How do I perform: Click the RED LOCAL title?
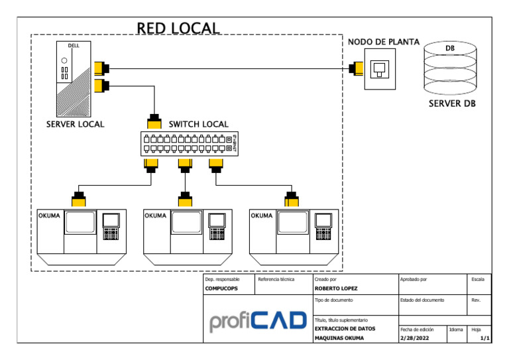tap(178, 28)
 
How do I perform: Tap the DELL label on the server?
tap(74, 46)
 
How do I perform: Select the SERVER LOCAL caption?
tap(75, 124)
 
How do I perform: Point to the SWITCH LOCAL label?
tap(198, 124)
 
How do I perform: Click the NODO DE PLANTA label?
tap(384, 42)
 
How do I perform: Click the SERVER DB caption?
tap(451, 104)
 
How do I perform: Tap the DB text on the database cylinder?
tap(450, 49)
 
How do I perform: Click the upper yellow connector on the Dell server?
tap(101, 68)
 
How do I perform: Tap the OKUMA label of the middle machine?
tap(155, 216)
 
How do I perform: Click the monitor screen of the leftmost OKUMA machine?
tap(81, 222)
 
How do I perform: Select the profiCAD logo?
tap(258, 322)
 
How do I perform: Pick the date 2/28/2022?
tap(416, 338)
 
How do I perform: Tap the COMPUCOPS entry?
tap(221, 289)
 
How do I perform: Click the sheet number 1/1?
tap(484, 338)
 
